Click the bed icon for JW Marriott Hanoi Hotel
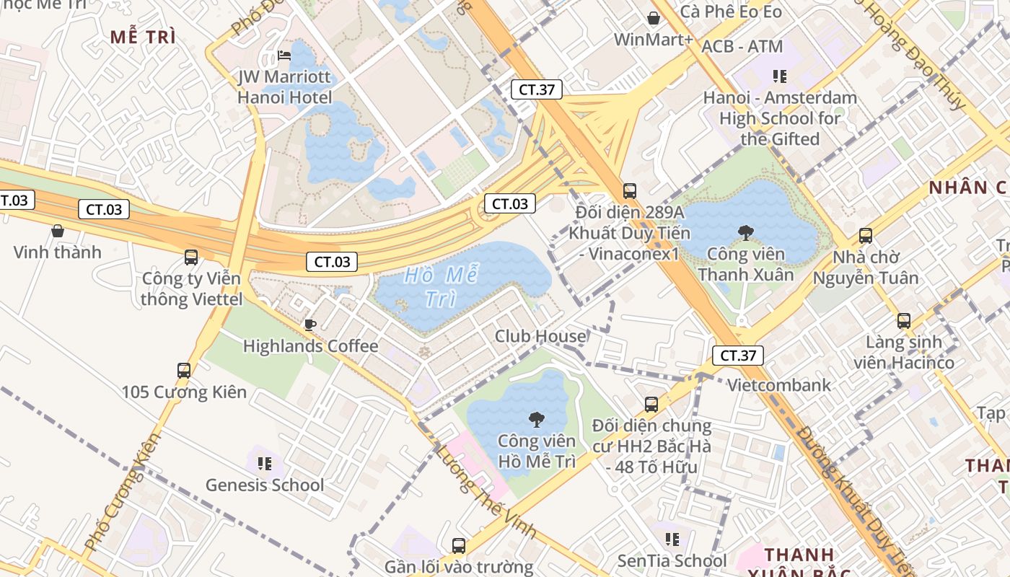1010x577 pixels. [x=284, y=56]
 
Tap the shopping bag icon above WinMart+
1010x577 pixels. [x=654, y=18]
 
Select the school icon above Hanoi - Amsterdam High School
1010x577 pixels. [x=779, y=76]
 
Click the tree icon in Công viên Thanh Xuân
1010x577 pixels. [x=745, y=232]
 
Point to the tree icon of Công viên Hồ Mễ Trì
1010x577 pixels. [x=536, y=419]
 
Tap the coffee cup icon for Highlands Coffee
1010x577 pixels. [x=310, y=325]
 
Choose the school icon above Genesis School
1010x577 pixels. [x=264, y=463]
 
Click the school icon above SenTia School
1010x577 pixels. [x=672, y=539]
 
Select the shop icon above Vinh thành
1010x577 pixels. [x=58, y=231]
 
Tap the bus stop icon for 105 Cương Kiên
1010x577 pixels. [x=184, y=371]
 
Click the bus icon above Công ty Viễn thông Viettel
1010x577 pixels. [x=191, y=257]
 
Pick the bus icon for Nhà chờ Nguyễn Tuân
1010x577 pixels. [x=865, y=235]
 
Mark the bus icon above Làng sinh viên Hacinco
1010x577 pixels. [x=903, y=321]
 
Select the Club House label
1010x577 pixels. [x=540, y=336]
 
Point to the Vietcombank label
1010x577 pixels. [x=778, y=385]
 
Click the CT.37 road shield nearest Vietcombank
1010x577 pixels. [x=737, y=355]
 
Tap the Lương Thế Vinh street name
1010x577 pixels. [x=486, y=490]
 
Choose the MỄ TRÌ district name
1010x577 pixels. [x=143, y=38]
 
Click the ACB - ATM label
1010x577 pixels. [x=742, y=47]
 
